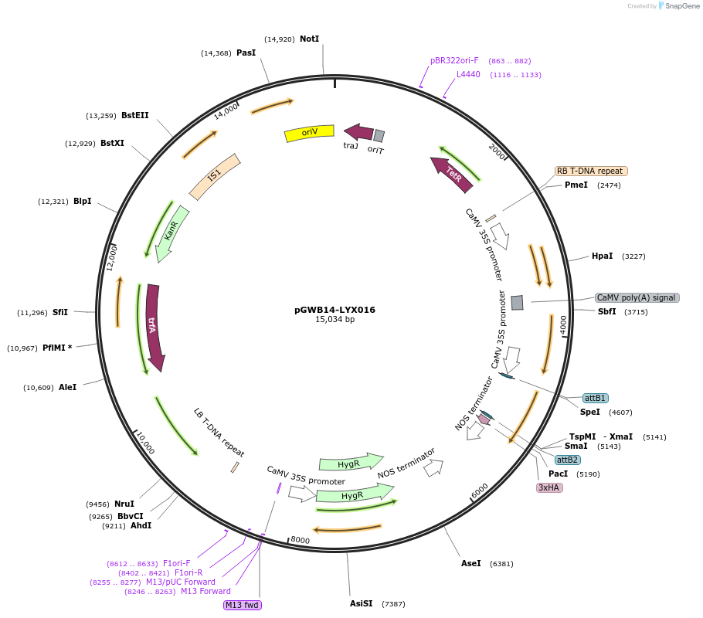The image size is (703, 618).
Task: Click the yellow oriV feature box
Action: [309, 133]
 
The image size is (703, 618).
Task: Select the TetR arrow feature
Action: [453, 175]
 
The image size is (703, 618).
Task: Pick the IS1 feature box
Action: [215, 176]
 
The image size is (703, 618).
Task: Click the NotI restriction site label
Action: [309, 39]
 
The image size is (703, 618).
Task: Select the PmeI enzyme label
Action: [576, 185]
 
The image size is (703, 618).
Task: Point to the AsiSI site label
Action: [362, 603]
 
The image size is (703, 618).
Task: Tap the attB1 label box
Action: [595, 398]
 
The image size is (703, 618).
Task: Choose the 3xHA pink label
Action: [549, 487]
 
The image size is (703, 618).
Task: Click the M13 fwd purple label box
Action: [243, 605]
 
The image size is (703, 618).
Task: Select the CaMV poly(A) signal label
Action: [637, 297]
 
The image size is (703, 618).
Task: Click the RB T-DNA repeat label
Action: [590, 171]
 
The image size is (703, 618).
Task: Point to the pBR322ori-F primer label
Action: [454, 60]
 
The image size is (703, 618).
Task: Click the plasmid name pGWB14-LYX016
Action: [335, 310]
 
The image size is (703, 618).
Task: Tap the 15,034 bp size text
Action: [335, 319]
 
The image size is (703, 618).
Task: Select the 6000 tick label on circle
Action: [480, 490]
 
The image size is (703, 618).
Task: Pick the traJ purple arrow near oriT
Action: [358, 132]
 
